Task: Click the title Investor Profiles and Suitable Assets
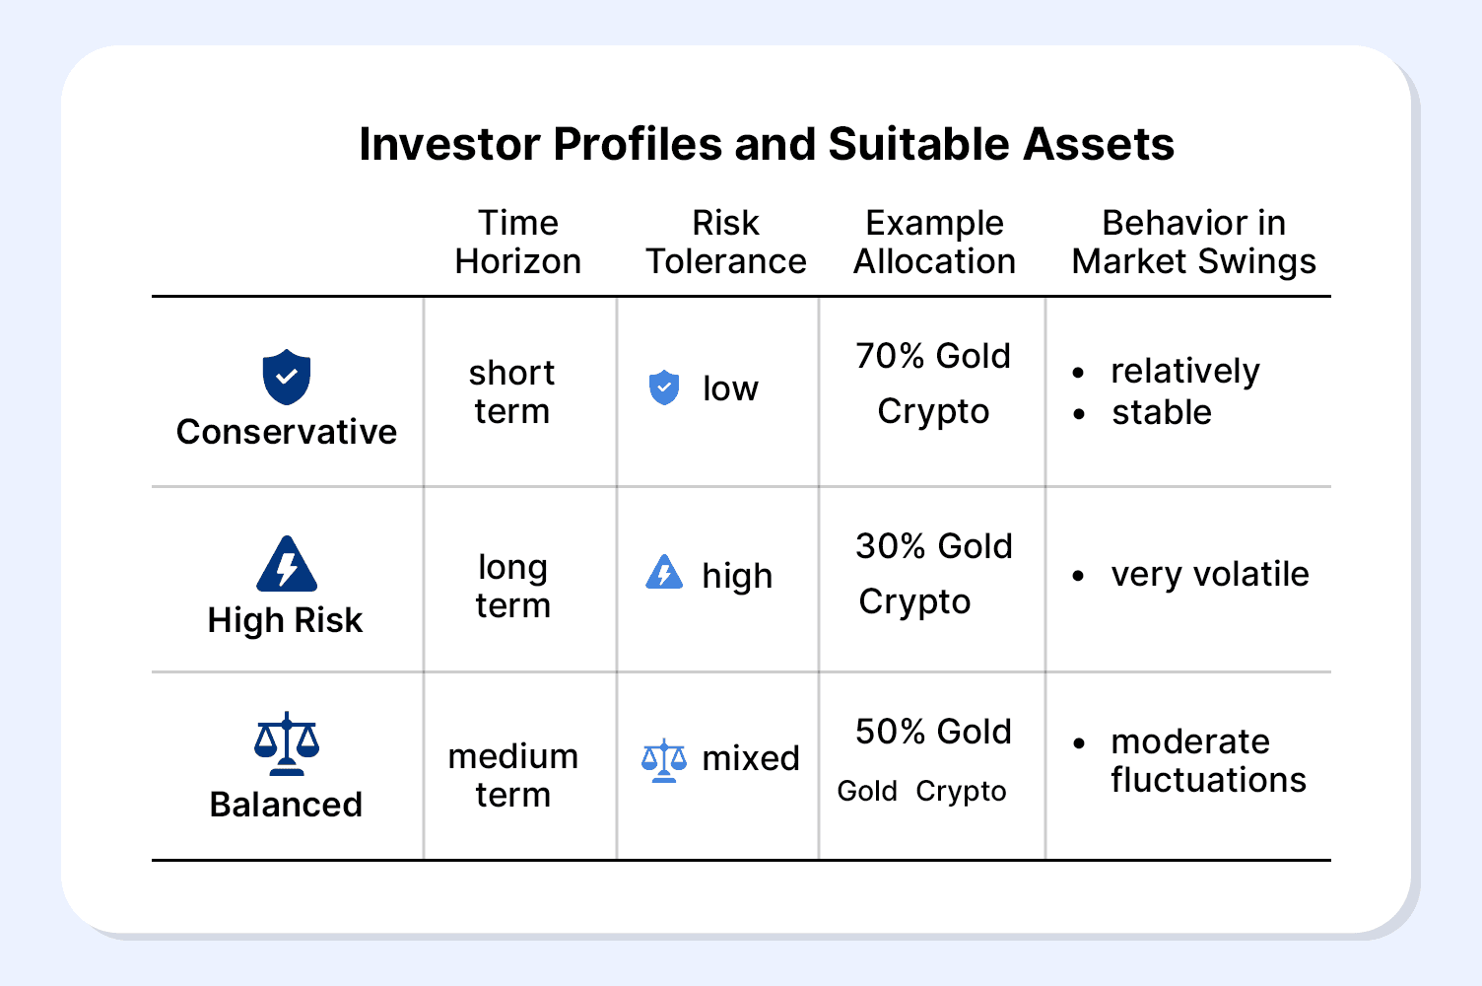click(x=767, y=144)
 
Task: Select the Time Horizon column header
click(x=518, y=242)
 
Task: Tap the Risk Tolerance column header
click(x=726, y=242)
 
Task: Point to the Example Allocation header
click(x=934, y=242)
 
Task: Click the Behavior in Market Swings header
click(x=1193, y=242)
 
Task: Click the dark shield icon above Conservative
click(x=287, y=377)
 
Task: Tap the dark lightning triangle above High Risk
click(x=287, y=564)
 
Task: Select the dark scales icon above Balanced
click(x=287, y=743)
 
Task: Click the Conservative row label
click(x=287, y=432)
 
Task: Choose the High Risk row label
click(x=285, y=620)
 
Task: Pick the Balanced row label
click(x=286, y=805)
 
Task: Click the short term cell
click(x=512, y=392)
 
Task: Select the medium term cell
click(x=512, y=775)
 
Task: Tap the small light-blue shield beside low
click(x=664, y=387)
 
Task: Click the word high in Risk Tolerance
click(x=737, y=575)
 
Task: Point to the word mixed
click(x=751, y=758)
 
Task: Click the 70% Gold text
click(x=933, y=356)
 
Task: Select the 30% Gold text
click(x=934, y=546)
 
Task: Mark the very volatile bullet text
click(x=1210, y=574)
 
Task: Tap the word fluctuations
click(x=1209, y=779)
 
